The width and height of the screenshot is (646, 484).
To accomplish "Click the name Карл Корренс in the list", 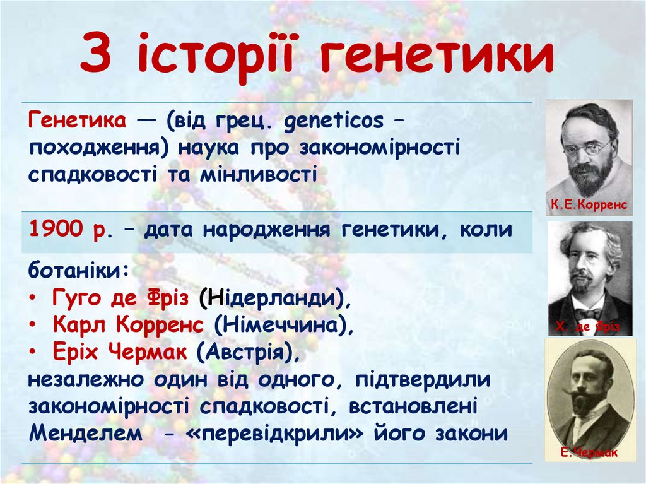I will coord(129,325).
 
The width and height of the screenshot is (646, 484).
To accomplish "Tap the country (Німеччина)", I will coord(281,325).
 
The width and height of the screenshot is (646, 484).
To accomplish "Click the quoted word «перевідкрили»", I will coord(305,434).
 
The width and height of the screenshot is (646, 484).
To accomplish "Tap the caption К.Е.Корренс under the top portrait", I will coord(589,204).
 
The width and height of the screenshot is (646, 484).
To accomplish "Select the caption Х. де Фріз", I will coord(588,327).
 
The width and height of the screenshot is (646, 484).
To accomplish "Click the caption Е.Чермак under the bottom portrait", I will coord(589,452).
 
